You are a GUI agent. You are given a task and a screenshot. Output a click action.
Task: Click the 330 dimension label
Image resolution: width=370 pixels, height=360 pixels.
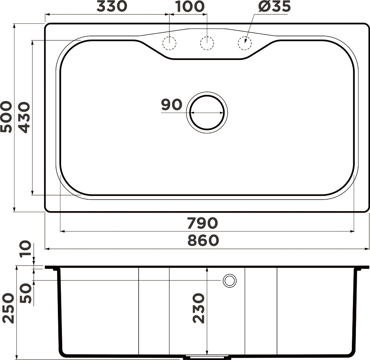[112, 6]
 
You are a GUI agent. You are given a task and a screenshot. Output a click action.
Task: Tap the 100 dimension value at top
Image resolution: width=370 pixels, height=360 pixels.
[190, 6]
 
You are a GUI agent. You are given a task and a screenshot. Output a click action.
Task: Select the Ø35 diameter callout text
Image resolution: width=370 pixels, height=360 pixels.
[274, 6]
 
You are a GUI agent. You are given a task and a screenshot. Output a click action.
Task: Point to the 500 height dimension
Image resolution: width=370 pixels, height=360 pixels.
[6, 117]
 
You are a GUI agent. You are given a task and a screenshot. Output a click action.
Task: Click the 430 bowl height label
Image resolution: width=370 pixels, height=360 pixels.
[24, 117]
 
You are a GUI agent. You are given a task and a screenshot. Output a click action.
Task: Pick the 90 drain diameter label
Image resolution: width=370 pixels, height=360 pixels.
[172, 105]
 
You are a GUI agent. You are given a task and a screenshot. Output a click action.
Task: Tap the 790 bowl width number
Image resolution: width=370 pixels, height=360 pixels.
[202, 223]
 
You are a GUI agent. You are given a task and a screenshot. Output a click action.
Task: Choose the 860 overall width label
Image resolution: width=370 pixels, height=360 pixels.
[203, 240]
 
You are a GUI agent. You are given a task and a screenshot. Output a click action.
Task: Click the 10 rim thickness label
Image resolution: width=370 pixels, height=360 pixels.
[26, 249]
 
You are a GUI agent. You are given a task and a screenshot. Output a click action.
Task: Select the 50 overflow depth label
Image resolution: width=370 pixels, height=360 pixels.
[26, 293]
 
